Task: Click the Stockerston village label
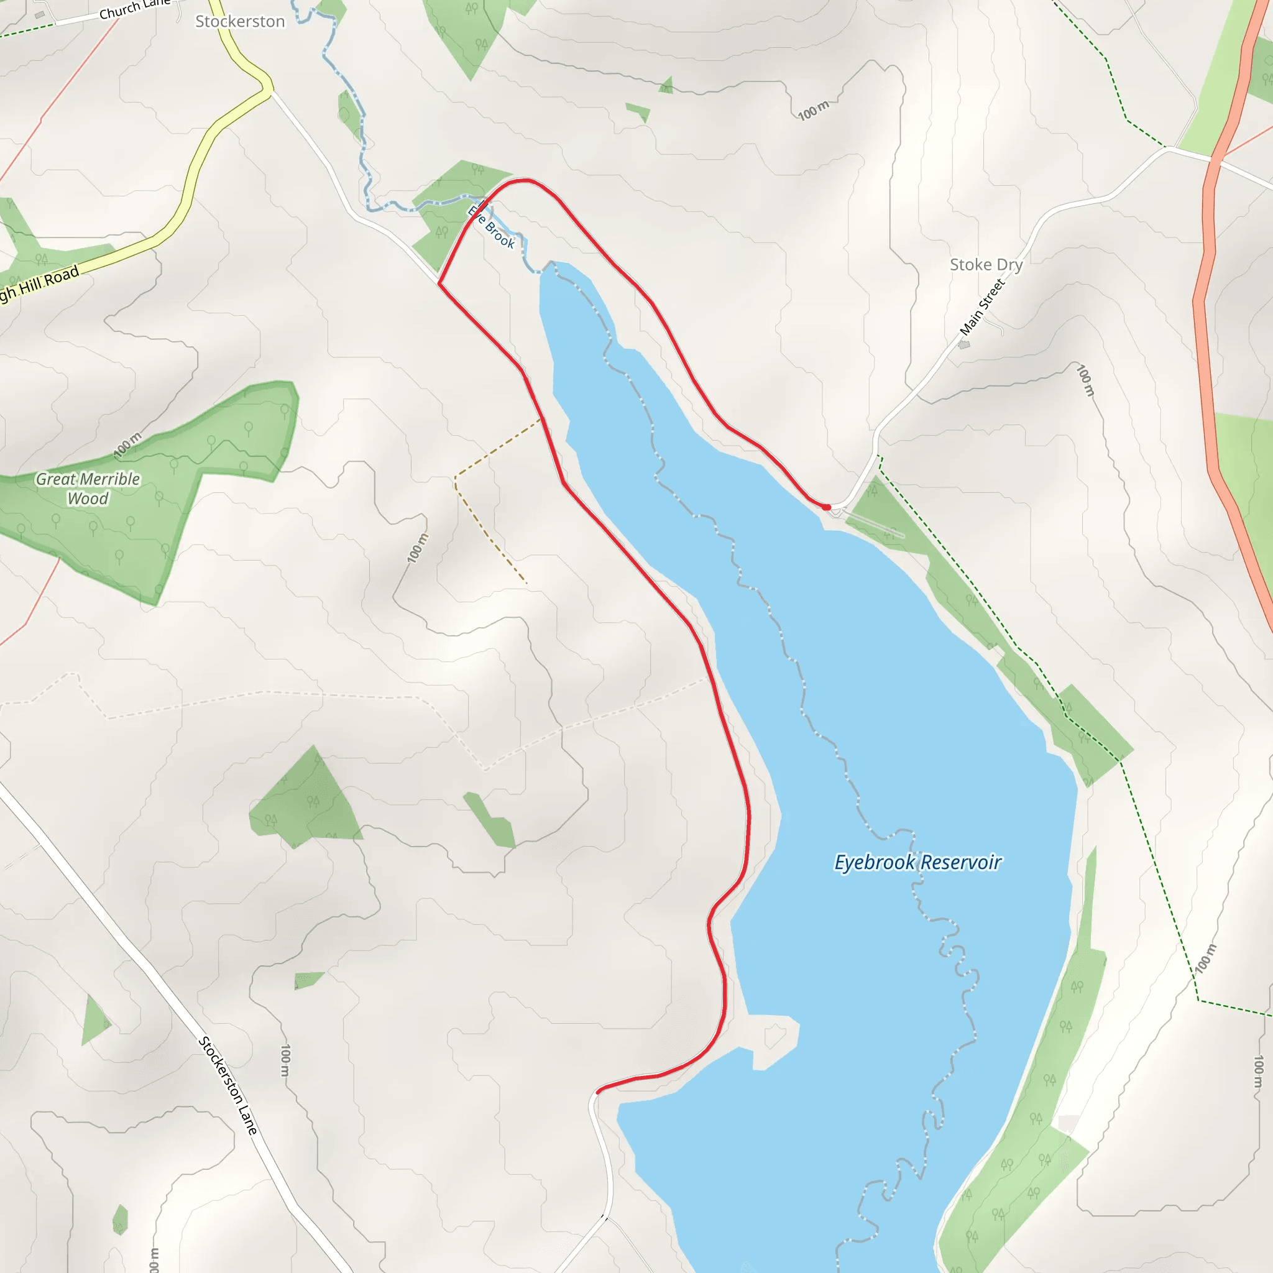point(240,22)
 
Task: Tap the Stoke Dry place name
point(986,265)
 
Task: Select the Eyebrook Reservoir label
point(917,863)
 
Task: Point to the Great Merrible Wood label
point(88,488)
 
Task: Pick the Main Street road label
point(981,307)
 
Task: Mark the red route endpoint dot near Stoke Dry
point(826,507)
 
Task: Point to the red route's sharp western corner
point(439,284)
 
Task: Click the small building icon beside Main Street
point(964,344)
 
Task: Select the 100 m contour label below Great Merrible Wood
point(127,446)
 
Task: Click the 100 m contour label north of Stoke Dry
point(814,111)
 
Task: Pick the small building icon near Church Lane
point(40,14)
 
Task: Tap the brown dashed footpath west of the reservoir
point(488,520)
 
